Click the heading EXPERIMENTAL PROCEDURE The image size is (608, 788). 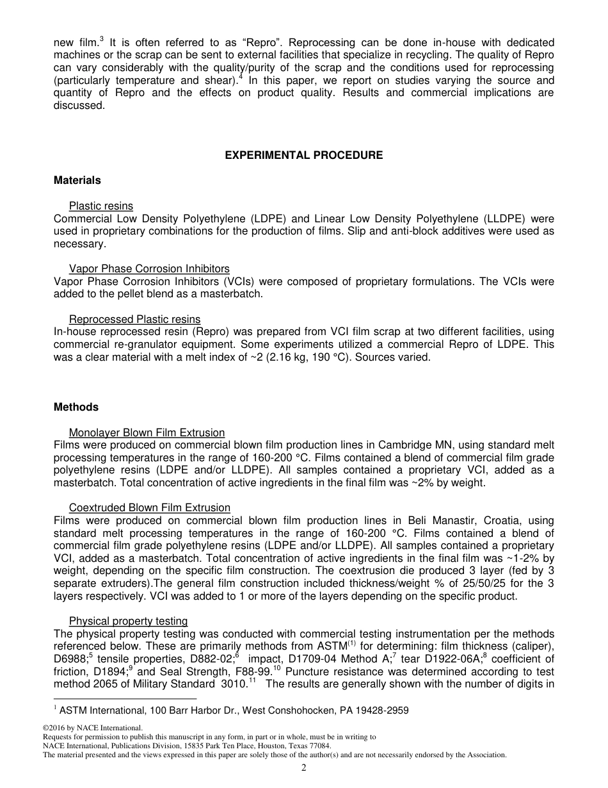point(304,155)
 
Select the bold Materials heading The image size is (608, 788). point(77,181)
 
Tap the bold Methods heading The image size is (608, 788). point(76,407)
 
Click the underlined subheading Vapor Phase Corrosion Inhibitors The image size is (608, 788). point(149,269)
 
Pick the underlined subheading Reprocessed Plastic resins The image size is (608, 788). point(134,319)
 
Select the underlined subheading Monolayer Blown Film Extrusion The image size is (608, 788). point(147,432)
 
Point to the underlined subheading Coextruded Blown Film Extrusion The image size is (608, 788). point(149,508)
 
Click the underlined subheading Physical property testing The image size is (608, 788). point(128,621)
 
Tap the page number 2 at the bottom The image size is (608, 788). point(304,768)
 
